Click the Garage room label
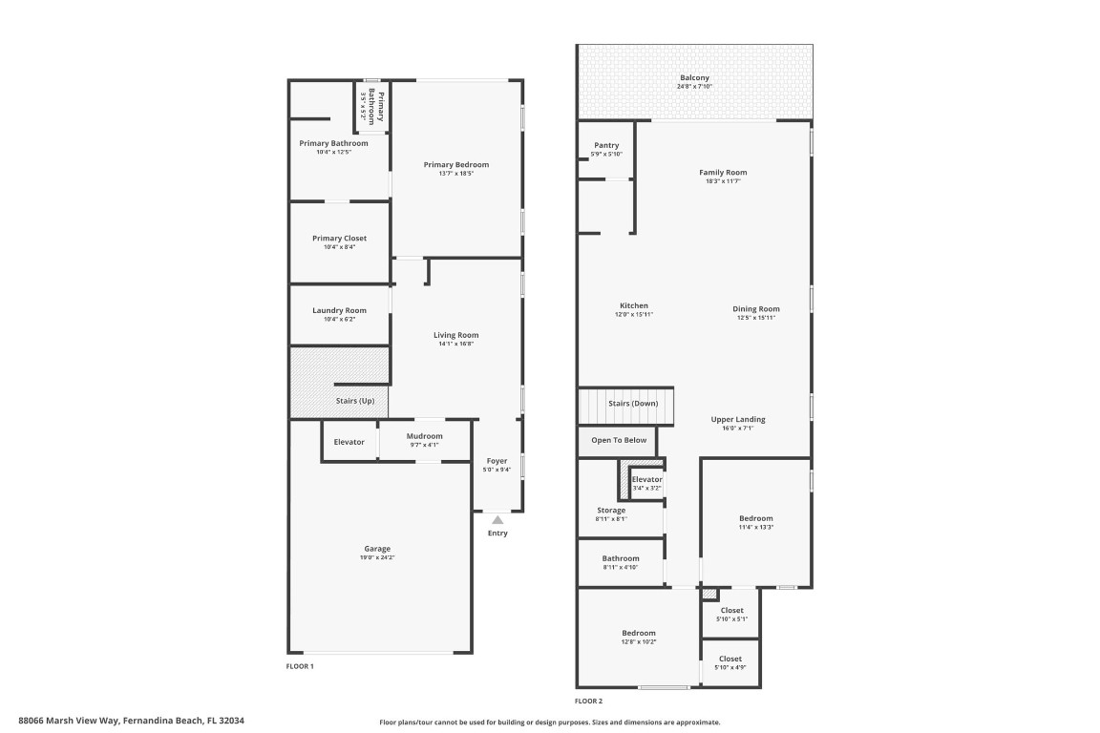tap(376, 549)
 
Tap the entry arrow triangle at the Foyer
tap(497, 520)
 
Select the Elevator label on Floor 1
tap(349, 442)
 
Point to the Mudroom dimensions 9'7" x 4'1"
tap(424, 445)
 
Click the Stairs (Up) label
tap(353, 401)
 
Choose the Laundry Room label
tap(339, 310)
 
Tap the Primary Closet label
tap(339, 238)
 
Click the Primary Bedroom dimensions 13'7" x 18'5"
tap(456, 173)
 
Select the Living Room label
tap(455, 335)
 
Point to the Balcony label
tap(694, 78)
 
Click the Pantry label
tap(606, 145)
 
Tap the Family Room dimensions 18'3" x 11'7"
tap(723, 180)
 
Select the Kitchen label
tap(633, 306)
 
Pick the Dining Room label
tap(756, 308)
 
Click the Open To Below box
tap(619, 441)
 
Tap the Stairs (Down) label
tap(632, 404)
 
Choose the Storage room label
tap(611, 511)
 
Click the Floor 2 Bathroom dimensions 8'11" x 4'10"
tap(620, 567)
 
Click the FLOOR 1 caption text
tap(300, 666)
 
